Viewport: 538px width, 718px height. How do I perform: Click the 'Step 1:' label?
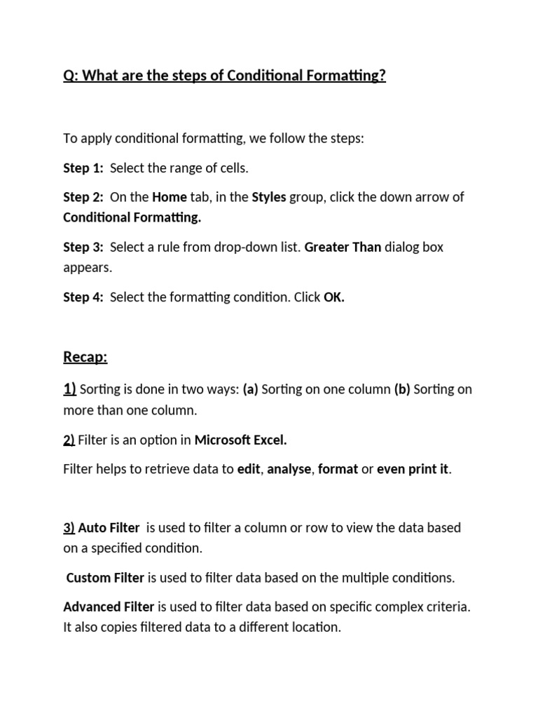83,168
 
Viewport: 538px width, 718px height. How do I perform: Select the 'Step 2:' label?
83,198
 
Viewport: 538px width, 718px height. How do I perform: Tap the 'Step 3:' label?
83,248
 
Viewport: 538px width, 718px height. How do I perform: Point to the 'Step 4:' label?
83,297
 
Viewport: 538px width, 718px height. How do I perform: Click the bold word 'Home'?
170,198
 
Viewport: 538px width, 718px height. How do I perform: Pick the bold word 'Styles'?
269,198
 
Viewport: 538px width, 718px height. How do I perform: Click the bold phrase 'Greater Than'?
343,248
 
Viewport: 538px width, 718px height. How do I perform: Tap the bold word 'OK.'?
334,297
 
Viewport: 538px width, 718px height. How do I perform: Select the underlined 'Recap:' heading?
85,358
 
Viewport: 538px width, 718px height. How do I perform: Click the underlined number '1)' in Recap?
70,390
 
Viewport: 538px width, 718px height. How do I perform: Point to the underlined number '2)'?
69,440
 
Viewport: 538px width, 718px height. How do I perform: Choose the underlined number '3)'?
69,528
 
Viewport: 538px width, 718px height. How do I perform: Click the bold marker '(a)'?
251,390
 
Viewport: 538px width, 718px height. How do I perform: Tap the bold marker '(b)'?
403,390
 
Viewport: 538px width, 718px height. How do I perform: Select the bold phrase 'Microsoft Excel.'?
241,440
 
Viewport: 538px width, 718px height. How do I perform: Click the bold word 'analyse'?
289,470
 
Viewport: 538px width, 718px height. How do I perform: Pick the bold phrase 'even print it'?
413,470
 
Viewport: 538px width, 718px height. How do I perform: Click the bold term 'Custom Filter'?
105,578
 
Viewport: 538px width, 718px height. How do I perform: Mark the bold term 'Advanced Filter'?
109,607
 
